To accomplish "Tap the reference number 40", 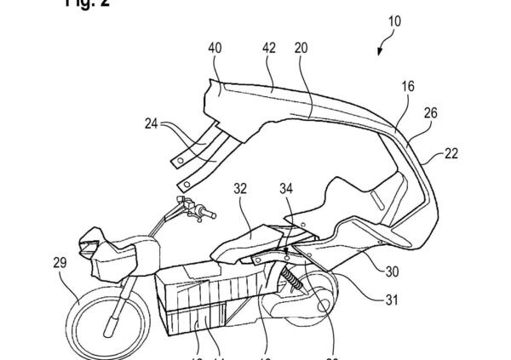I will [215, 49].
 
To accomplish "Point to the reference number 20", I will [301, 49].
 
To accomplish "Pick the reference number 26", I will [431, 113].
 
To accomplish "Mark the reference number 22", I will [450, 153].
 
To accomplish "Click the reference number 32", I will [240, 192].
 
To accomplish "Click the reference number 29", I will [60, 264].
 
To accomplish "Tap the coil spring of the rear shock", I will [293, 278].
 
